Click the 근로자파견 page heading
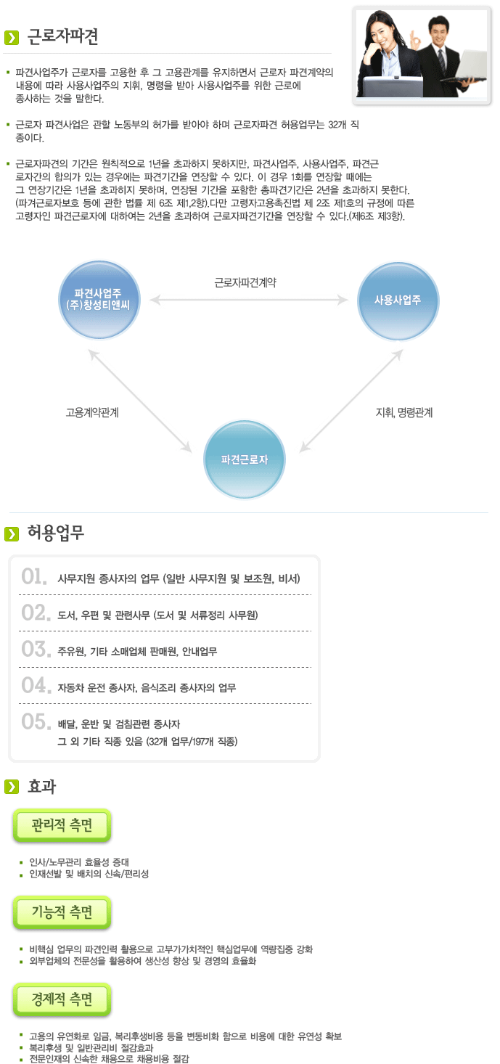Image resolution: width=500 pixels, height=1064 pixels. click(62, 36)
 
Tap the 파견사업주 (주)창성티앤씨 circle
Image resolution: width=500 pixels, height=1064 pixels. click(99, 299)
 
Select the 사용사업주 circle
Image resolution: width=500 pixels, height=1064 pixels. click(398, 299)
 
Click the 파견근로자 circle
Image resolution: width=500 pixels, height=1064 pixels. click(245, 459)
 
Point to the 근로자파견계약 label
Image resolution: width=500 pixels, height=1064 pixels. click(245, 282)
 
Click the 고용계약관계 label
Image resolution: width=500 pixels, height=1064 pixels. click(92, 412)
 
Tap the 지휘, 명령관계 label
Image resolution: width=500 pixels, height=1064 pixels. click(403, 412)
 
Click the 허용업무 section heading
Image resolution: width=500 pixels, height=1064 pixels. click(56, 533)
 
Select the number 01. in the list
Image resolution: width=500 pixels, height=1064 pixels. click(34, 577)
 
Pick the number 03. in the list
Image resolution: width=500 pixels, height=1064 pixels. click(34, 648)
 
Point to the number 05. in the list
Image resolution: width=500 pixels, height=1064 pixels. click(34, 721)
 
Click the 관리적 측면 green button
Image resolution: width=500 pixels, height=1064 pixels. click(62, 825)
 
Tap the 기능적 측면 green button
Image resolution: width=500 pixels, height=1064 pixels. click(62, 912)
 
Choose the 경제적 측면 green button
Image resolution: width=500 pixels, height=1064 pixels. click(62, 999)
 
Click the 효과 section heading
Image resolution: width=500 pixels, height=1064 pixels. click(41, 786)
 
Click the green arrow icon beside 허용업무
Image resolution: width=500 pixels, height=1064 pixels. click(12, 534)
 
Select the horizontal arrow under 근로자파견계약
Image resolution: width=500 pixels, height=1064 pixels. click(250, 299)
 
